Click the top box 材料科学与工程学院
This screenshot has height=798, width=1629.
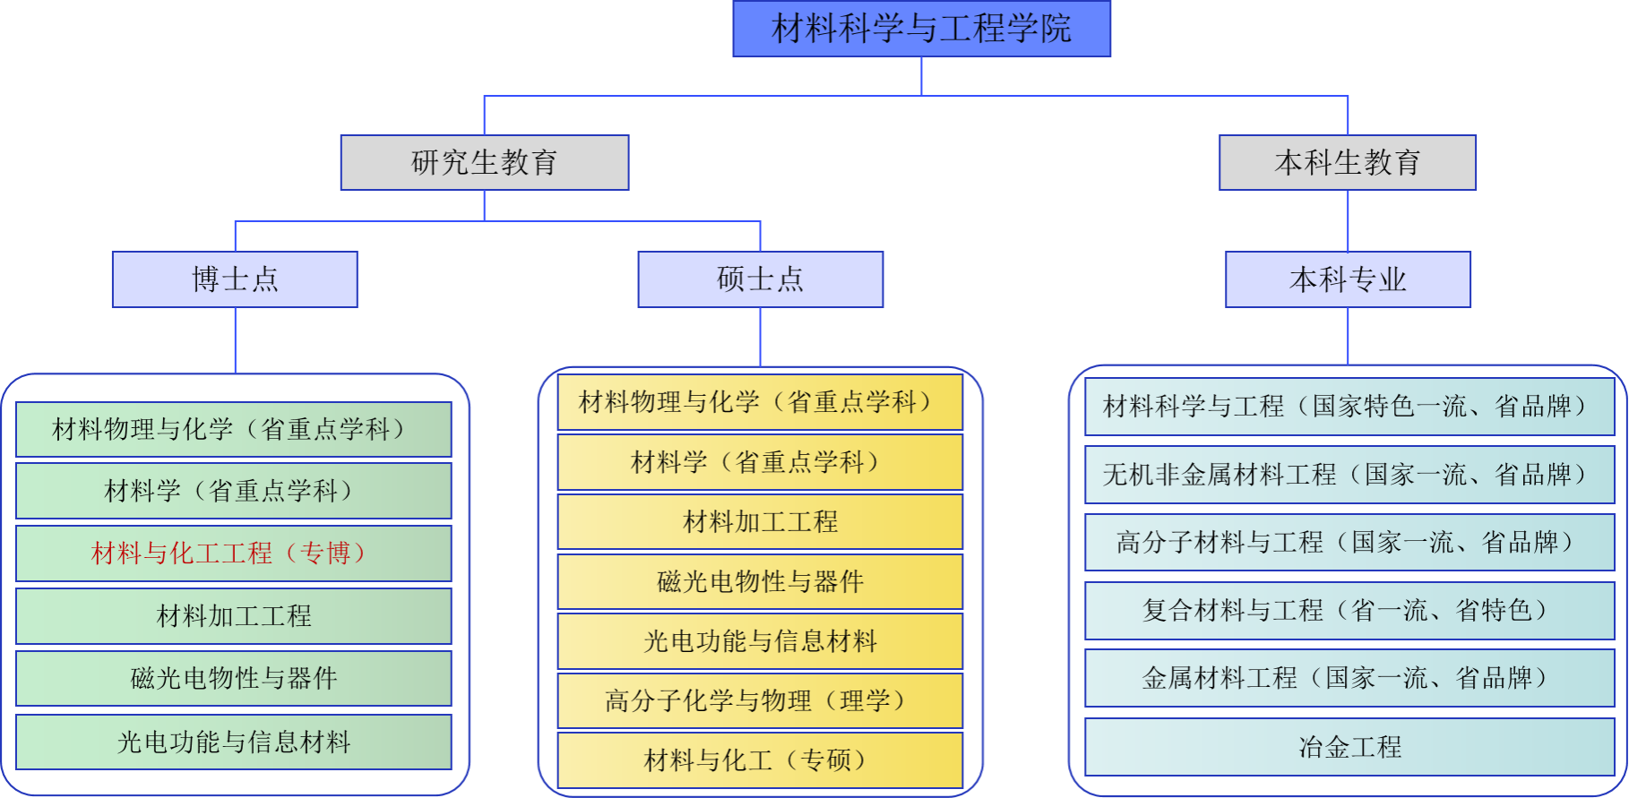pyautogui.click(x=921, y=29)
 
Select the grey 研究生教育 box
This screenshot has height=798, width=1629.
pyautogui.click(x=484, y=162)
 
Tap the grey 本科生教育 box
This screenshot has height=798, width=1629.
pyautogui.click(x=1347, y=162)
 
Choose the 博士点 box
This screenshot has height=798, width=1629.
pyautogui.click(x=235, y=279)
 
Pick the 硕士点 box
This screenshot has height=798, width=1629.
pyautogui.click(x=760, y=279)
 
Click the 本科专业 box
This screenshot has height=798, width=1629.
pyautogui.click(x=1348, y=279)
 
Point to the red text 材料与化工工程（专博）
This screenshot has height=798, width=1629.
pyautogui.click(x=233, y=553)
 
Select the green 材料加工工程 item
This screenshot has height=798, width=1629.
pyautogui.click(x=233, y=616)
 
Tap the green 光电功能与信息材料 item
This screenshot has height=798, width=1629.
pyautogui.click(x=233, y=742)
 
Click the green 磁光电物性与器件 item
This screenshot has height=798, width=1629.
pyautogui.click(x=233, y=679)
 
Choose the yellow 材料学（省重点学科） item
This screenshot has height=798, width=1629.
pyautogui.click(x=760, y=462)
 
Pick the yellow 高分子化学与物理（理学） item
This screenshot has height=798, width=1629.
pyautogui.click(x=760, y=700)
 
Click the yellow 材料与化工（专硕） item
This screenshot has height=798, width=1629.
pyautogui.click(x=760, y=760)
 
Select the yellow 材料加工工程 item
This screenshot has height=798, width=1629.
pyautogui.click(x=760, y=521)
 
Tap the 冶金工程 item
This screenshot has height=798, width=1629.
pyautogui.click(x=1349, y=747)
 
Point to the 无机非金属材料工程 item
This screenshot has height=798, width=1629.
pyautogui.click(x=1349, y=475)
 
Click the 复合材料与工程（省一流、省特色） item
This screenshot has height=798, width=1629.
pyautogui.click(x=1349, y=611)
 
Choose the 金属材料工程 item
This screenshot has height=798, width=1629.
pyautogui.click(x=1349, y=678)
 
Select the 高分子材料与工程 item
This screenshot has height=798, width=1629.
pyautogui.click(x=1349, y=543)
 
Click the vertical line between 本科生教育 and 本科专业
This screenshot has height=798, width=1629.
pyautogui.click(x=1348, y=220)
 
